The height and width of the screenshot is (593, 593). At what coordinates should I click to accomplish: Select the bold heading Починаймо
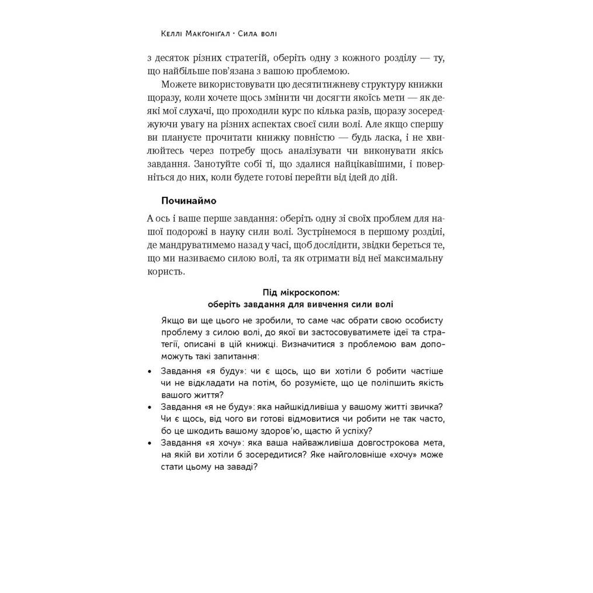click(x=189, y=200)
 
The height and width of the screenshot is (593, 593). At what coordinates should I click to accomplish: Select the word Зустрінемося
click(x=332, y=231)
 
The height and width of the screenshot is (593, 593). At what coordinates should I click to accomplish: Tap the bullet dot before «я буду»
click(x=149, y=371)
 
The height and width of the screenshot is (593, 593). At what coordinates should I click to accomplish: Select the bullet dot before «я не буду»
click(x=149, y=408)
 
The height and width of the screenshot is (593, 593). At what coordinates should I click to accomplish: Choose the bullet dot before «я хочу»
click(x=149, y=444)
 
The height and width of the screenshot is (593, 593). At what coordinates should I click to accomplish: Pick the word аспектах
click(x=321, y=124)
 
